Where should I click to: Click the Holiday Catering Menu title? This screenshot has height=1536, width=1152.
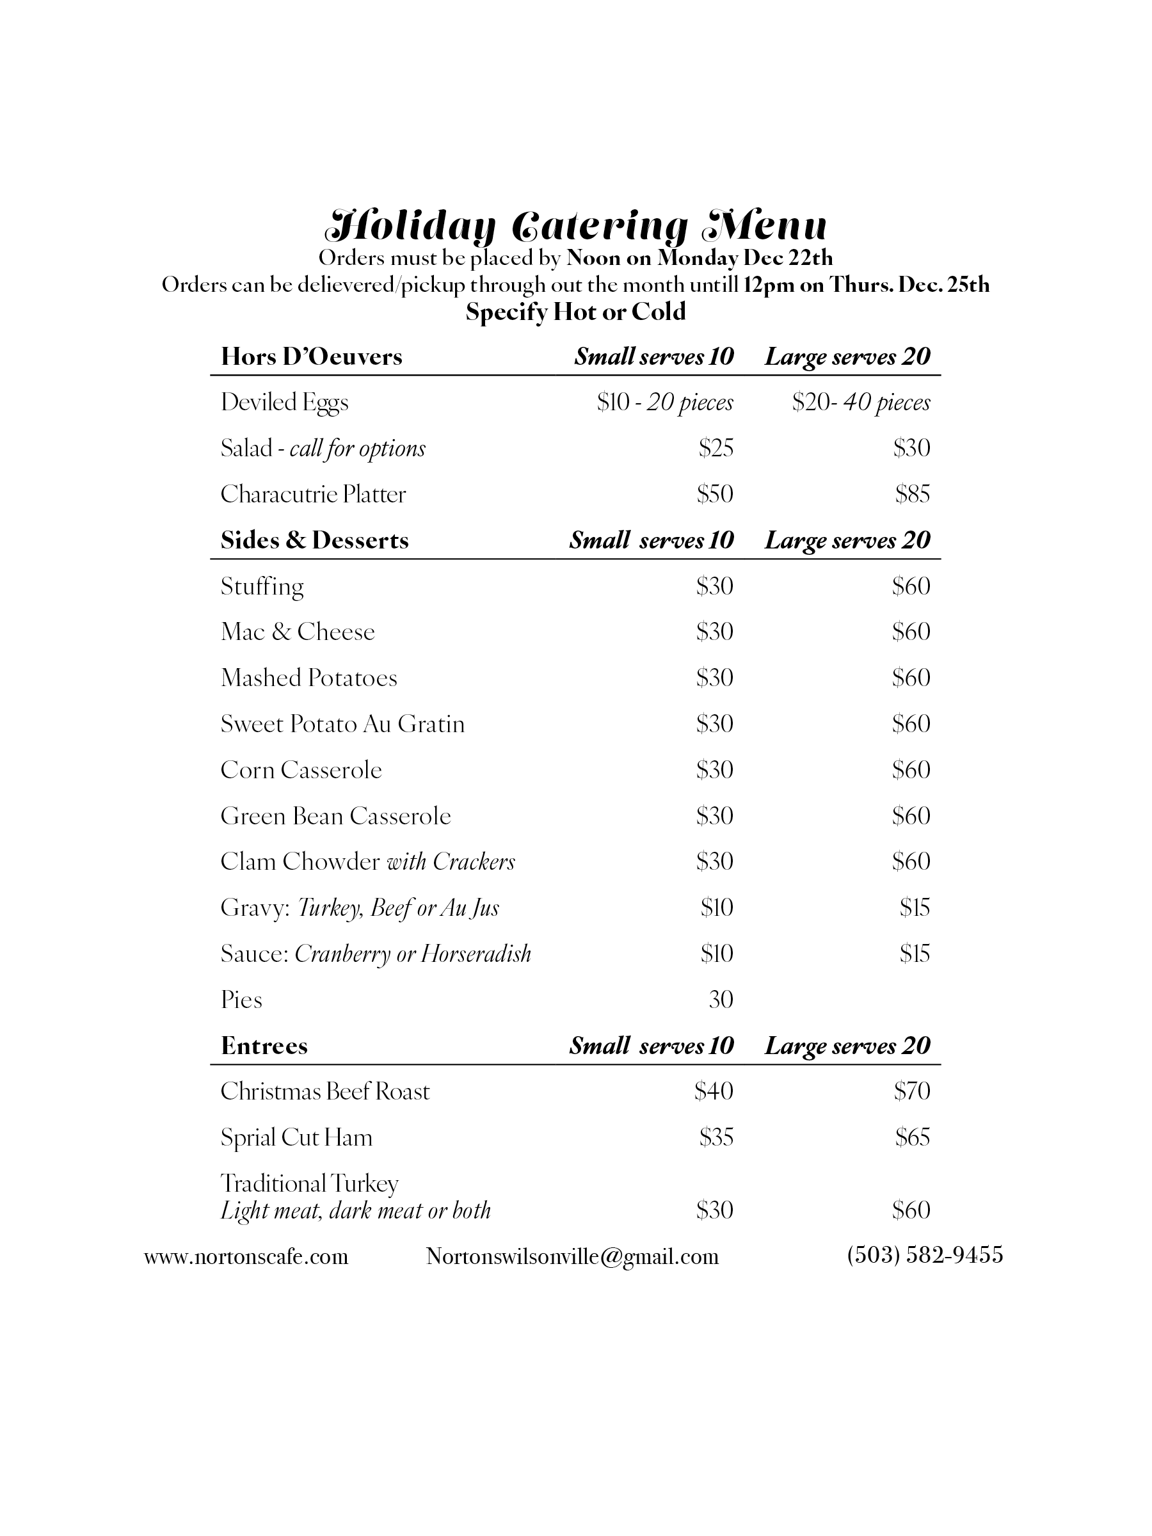coord(575,225)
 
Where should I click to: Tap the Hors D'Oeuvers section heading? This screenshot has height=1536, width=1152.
coord(311,356)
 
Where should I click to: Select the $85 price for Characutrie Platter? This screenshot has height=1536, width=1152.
coord(912,493)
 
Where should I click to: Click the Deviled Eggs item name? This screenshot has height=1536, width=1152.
coord(284,402)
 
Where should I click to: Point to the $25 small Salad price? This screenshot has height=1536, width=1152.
coord(716,448)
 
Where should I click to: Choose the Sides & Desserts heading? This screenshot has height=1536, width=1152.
coord(315,540)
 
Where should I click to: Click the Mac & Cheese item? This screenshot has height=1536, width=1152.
coord(297,631)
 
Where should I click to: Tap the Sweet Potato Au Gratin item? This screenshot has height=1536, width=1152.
coord(342,724)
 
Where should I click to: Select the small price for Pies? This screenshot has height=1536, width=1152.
coord(721,999)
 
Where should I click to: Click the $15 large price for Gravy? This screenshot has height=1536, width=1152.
coord(915,907)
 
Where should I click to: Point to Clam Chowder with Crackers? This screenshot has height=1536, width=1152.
coord(367,861)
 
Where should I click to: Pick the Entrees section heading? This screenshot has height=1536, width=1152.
coord(264,1045)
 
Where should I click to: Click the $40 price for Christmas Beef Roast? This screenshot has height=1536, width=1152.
coord(714,1091)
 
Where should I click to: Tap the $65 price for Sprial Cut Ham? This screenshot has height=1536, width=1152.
coord(912,1137)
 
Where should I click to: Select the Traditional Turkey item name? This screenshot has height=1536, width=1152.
coord(309,1183)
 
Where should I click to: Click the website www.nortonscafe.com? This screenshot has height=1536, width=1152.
coord(246,1256)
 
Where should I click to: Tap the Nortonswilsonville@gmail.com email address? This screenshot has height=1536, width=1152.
coord(572,1256)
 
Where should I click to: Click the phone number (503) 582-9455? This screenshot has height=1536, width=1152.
coord(925,1255)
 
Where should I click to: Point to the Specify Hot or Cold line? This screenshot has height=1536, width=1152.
coord(575,312)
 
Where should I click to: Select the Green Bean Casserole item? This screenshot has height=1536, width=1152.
coord(335,815)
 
